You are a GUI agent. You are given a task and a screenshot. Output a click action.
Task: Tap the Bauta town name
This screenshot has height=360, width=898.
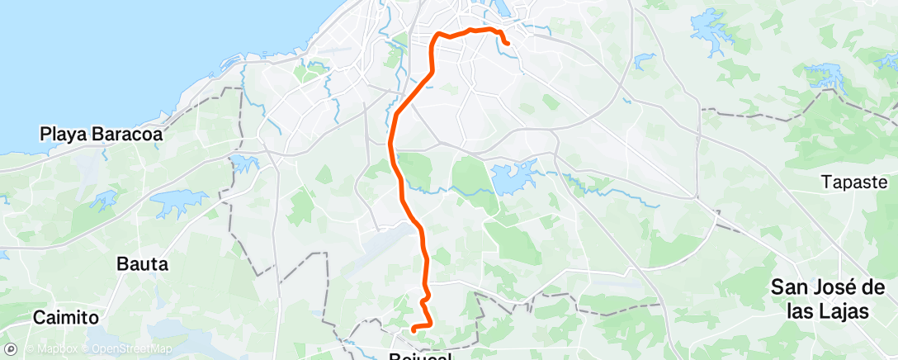[143, 265]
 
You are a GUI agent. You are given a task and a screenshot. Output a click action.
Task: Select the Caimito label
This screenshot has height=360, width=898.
[65, 317]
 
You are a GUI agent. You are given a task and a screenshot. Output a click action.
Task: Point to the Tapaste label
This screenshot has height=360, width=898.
[853, 182]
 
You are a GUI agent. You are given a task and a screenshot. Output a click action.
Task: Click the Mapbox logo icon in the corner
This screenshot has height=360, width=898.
[12, 348]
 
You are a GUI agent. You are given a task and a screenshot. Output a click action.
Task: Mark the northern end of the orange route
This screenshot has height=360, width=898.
[506, 43]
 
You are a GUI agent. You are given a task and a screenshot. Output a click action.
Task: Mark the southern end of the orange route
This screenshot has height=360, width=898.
[413, 330]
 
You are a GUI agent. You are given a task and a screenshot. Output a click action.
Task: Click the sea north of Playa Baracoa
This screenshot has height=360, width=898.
[124, 58]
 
